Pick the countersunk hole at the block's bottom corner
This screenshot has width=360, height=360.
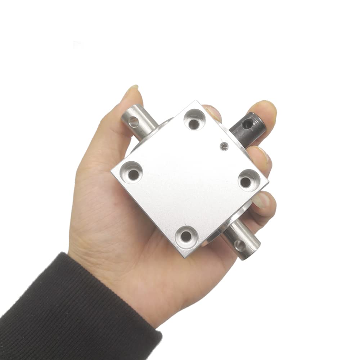click(x=186, y=236)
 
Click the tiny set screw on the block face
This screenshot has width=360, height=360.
click(x=224, y=147)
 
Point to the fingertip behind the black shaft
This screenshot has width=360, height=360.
click(x=265, y=108)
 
